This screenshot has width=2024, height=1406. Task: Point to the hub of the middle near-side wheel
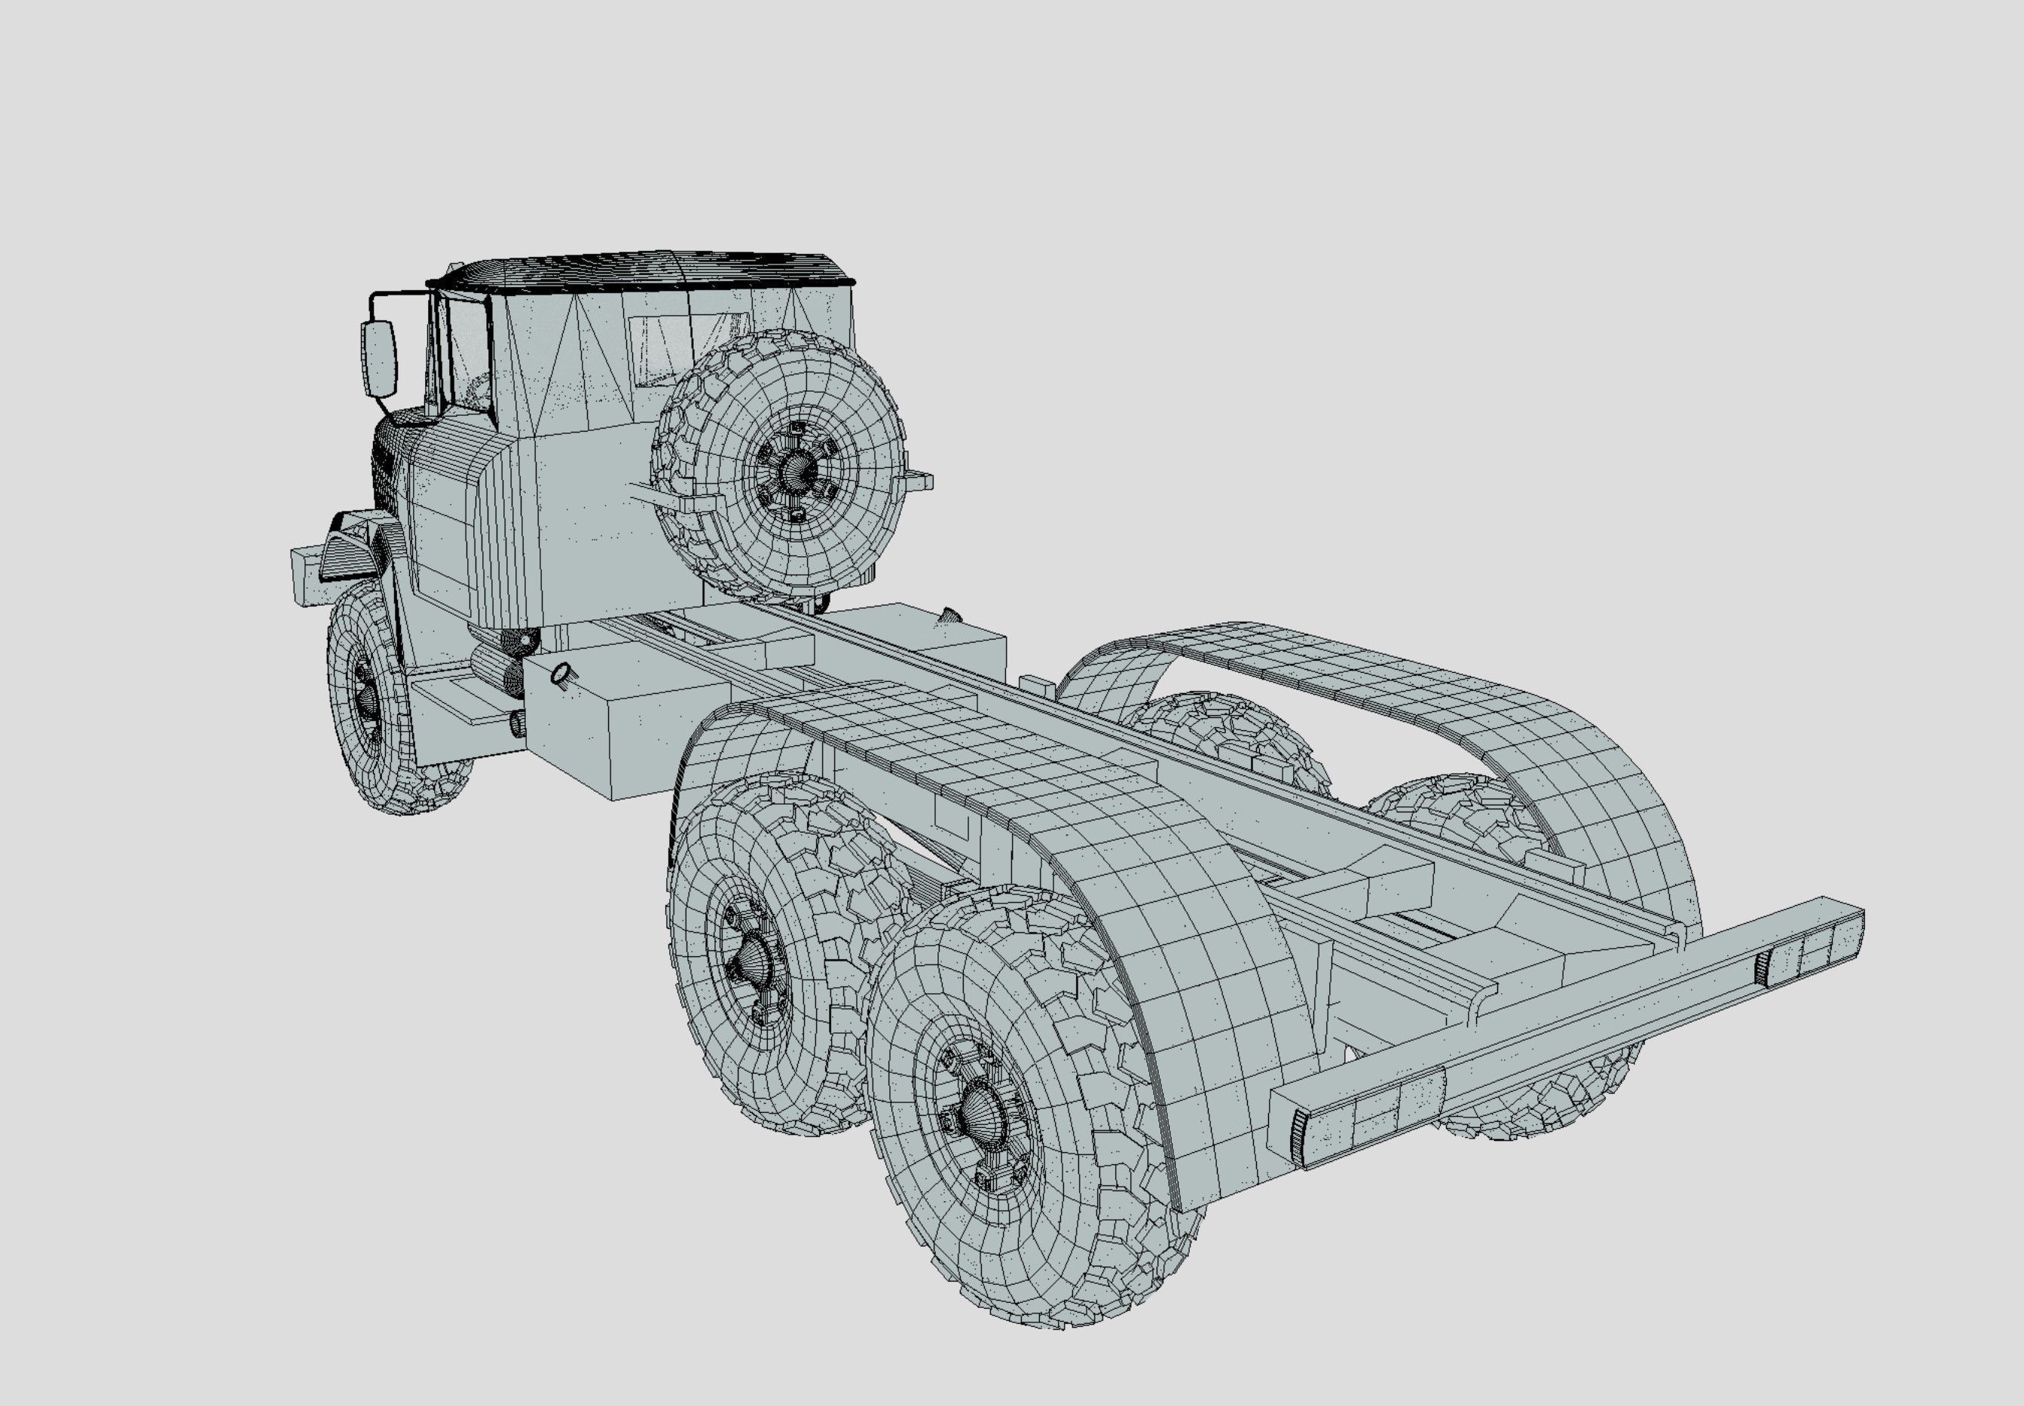(753, 956)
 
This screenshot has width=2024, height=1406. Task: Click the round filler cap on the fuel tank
(559, 674)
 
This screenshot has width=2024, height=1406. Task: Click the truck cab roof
(643, 269)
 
